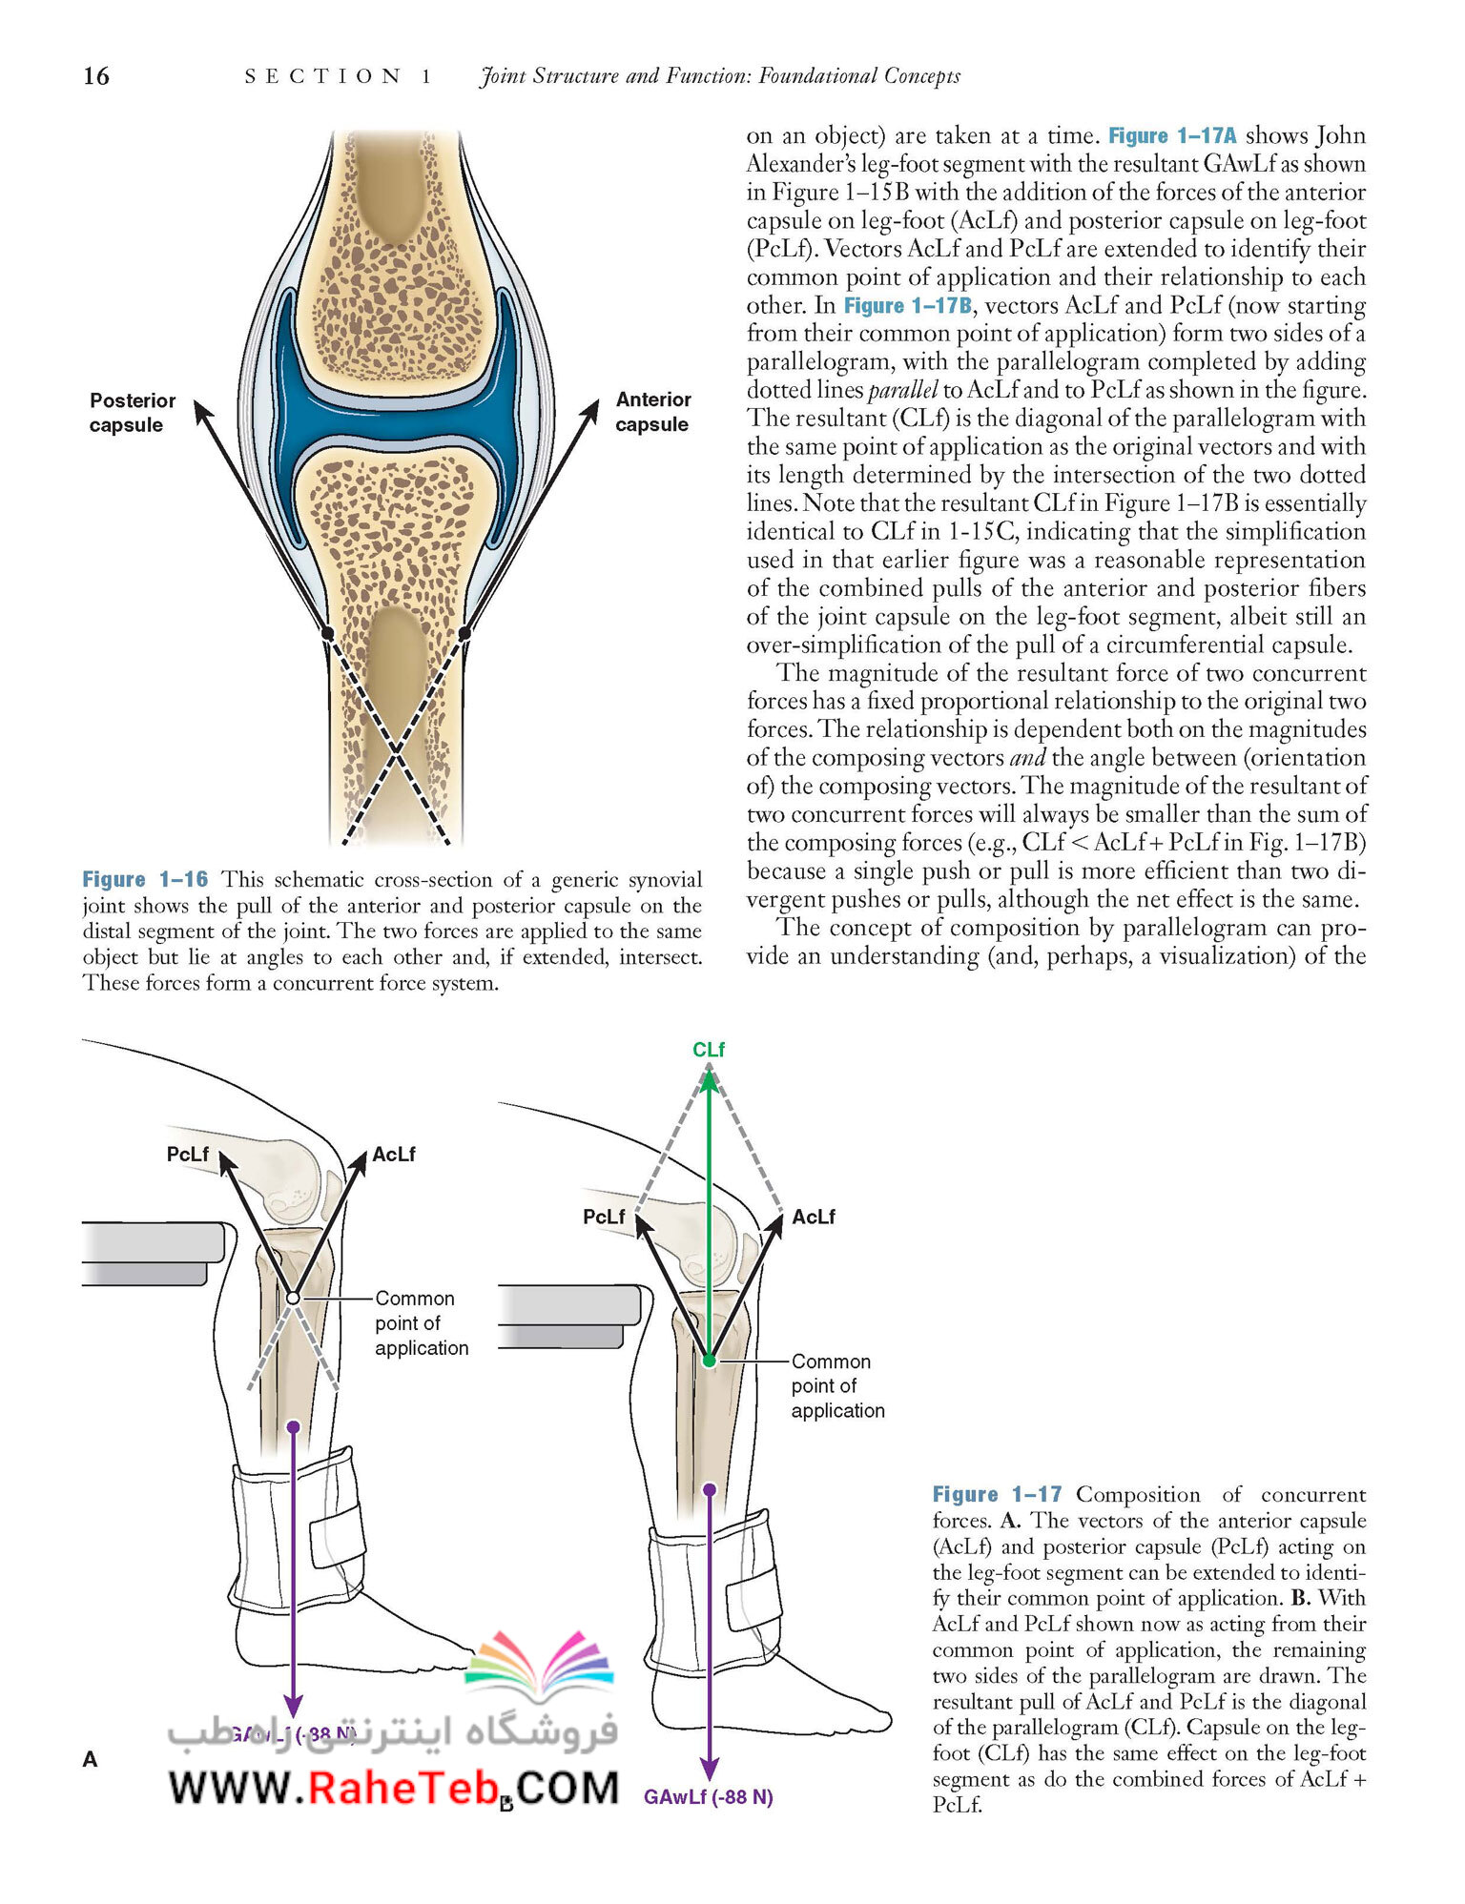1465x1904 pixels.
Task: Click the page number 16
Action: pyautogui.click(x=96, y=76)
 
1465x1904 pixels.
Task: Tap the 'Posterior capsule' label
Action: pyautogui.click(x=133, y=413)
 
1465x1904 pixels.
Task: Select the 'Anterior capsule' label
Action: pyautogui.click(x=652, y=412)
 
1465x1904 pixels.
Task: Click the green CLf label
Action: pyautogui.click(x=709, y=1050)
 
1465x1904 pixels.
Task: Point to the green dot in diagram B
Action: pyautogui.click(x=709, y=1361)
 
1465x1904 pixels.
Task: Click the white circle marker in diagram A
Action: pyautogui.click(x=294, y=1299)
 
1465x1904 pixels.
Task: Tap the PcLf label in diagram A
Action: pyautogui.click(x=188, y=1155)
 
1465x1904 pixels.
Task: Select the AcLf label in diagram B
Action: pyautogui.click(x=814, y=1218)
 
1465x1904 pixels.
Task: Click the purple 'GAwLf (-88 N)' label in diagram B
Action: pyautogui.click(x=709, y=1797)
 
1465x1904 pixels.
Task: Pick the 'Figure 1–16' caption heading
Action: pyautogui.click(x=145, y=879)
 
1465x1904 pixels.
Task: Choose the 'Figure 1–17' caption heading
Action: pyautogui.click(x=997, y=1494)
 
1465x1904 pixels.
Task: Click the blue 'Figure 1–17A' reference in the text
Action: pyautogui.click(x=1172, y=135)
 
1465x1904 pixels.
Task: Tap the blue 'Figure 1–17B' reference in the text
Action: pyautogui.click(x=908, y=305)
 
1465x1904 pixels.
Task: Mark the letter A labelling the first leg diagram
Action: pyautogui.click(x=91, y=1760)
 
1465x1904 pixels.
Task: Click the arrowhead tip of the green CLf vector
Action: pyautogui.click(x=709, y=1068)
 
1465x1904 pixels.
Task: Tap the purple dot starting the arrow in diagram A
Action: pyautogui.click(x=294, y=1426)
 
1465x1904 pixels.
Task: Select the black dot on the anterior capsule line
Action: pyautogui.click(x=464, y=633)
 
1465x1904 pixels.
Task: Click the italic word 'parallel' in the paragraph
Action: pyautogui.click(x=902, y=390)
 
